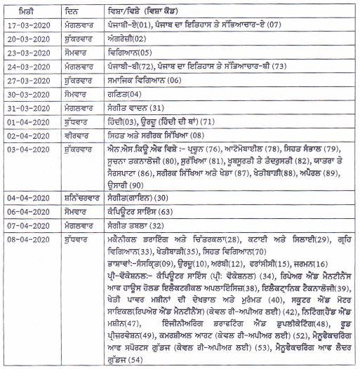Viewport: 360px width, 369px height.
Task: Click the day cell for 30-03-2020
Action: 94,94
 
